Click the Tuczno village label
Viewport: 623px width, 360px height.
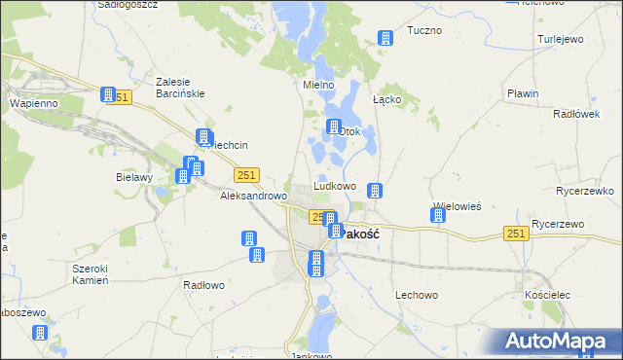pyautogui.click(x=423, y=30)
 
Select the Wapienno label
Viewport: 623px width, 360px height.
pyautogui.click(x=34, y=102)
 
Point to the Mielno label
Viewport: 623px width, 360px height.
pyautogui.click(x=318, y=85)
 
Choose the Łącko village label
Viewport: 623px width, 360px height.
pyautogui.click(x=386, y=99)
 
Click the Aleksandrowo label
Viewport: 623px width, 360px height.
pyautogui.click(x=253, y=196)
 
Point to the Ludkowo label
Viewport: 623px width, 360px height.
pyautogui.click(x=334, y=186)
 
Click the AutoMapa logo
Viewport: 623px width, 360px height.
pyautogui.click(x=560, y=342)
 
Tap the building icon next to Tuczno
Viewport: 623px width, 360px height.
pyautogui.click(x=385, y=38)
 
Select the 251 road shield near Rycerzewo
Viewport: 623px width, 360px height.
pyautogui.click(x=516, y=234)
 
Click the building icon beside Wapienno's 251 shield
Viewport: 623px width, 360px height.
pyautogui.click(x=108, y=94)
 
